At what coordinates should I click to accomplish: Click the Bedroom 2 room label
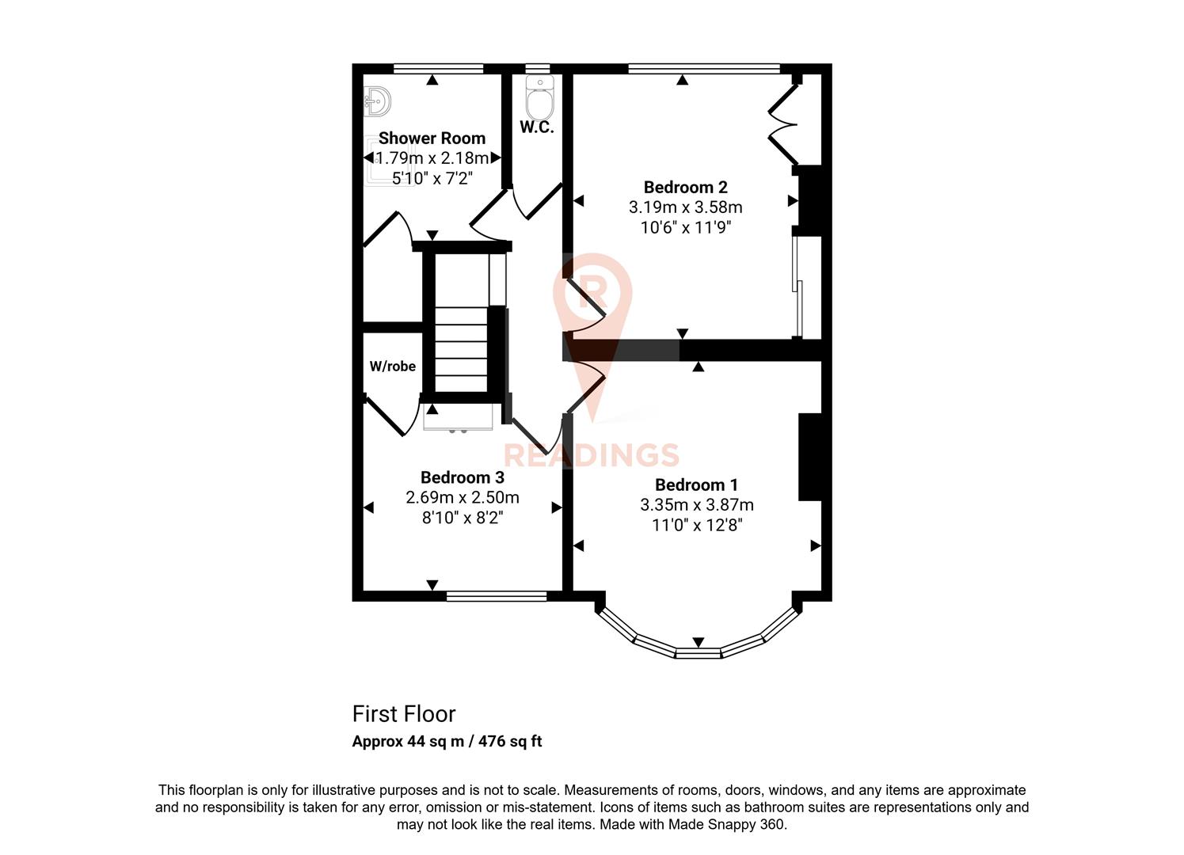coord(685,188)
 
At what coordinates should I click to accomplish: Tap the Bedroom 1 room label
coord(696,484)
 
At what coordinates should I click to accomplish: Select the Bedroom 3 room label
coord(462,477)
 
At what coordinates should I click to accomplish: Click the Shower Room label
coord(432,138)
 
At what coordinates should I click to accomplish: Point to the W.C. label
coord(536,127)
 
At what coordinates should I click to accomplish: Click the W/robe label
coord(392,367)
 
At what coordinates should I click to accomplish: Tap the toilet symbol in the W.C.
coord(539,99)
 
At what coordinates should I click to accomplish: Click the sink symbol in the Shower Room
coord(377,101)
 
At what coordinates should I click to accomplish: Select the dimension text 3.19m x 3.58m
coord(685,207)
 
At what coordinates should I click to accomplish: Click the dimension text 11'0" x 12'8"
coord(696,525)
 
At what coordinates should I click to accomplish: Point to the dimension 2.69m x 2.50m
coord(462,498)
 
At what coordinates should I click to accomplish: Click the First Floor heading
coord(404,714)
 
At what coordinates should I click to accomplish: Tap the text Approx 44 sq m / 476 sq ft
coord(447,742)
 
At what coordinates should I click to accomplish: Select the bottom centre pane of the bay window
coord(698,653)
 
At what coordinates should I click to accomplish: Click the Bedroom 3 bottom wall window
coord(497,596)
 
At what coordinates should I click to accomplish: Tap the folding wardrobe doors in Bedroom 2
coord(782,123)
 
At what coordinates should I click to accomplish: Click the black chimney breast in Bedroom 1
coord(809,457)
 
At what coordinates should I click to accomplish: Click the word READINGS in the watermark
coord(592,456)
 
